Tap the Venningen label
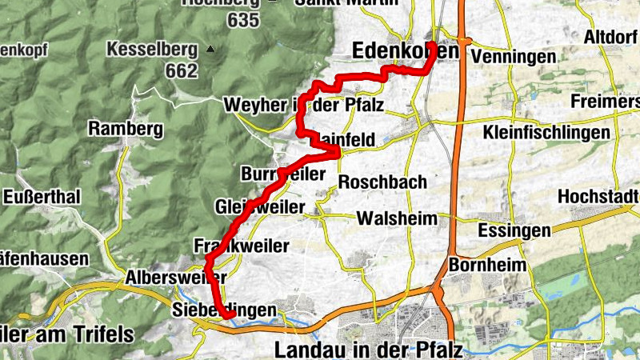514,58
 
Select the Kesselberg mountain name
153,50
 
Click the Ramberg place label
126,128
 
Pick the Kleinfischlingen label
547,132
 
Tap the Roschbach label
382,182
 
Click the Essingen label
513,230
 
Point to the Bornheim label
488,265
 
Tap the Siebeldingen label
225,310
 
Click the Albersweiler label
176,278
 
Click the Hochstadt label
598,197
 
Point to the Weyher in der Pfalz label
304,105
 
